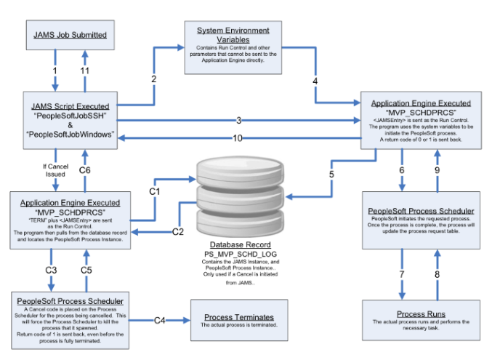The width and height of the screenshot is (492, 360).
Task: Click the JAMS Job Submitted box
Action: click(x=70, y=34)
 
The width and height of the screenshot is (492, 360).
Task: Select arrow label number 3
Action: click(x=238, y=119)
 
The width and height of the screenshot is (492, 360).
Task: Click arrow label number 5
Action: click(x=332, y=174)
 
